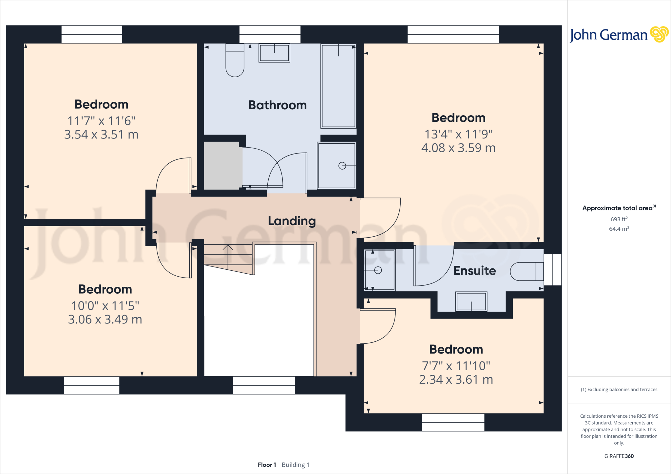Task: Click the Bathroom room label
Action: (x=277, y=105)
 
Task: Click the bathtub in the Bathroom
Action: (x=338, y=86)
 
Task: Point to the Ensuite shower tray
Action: (x=380, y=270)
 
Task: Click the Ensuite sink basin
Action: (x=471, y=301)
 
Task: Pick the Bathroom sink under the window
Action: (x=274, y=53)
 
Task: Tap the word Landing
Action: (x=292, y=221)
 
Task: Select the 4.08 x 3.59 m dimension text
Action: (x=458, y=148)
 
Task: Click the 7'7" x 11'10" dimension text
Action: (x=456, y=366)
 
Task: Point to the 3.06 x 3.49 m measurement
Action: (x=105, y=319)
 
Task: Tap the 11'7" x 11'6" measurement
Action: (x=101, y=121)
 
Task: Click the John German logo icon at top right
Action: (x=659, y=34)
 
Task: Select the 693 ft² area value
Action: (x=619, y=219)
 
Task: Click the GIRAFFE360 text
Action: (x=619, y=456)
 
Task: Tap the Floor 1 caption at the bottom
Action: (x=267, y=465)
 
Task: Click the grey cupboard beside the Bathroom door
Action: (x=222, y=165)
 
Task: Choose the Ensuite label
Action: (x=474, y=271)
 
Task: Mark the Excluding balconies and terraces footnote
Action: (x=619, y=390)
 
